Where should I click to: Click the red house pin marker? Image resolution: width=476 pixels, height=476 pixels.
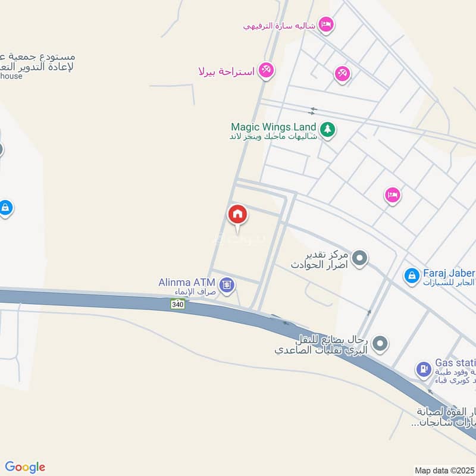pyautogui.click(x=237, y=215)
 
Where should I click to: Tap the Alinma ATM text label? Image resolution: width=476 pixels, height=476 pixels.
pyautogui.click(x=187, y=282)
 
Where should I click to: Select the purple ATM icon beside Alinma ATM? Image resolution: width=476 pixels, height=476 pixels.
pyautogui.click(x=227, y=286)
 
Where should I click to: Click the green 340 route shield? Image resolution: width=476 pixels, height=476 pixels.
pyautogui.click(x=177, y=305)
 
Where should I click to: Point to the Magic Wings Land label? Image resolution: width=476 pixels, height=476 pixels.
pyautogui.click(x=273, y=127)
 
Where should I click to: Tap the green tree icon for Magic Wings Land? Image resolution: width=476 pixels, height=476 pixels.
pyautogui.click(x=327, y=129)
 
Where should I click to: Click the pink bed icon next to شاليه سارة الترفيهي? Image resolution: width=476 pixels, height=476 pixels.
pyautogui.click(x=326, y=24)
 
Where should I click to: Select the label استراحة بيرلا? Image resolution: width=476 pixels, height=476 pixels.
pyautogui.click(x=227, y=72)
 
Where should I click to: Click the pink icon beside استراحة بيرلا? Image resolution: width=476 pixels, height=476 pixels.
pyautogui.click(x=266, y=71)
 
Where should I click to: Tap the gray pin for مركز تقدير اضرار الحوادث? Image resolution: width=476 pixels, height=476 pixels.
pyautogui.click(x=359, y=258)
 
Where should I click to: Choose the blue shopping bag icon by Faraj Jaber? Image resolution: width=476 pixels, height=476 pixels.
pyautogui.click(x=411, y=275)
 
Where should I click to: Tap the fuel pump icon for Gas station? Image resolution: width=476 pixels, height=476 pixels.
pyautogui.click(x=423, y=369)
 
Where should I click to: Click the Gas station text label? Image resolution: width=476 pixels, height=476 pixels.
pyautogui.click(x=456, y=362)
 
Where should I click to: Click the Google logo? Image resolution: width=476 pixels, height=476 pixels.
pyautogui.click(x=25, y=467)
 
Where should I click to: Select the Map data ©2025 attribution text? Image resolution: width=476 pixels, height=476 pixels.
pyautogui.click(x=444, y=470)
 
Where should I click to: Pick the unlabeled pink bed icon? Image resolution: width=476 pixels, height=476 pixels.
pyautogui.click(x=392, y=195)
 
